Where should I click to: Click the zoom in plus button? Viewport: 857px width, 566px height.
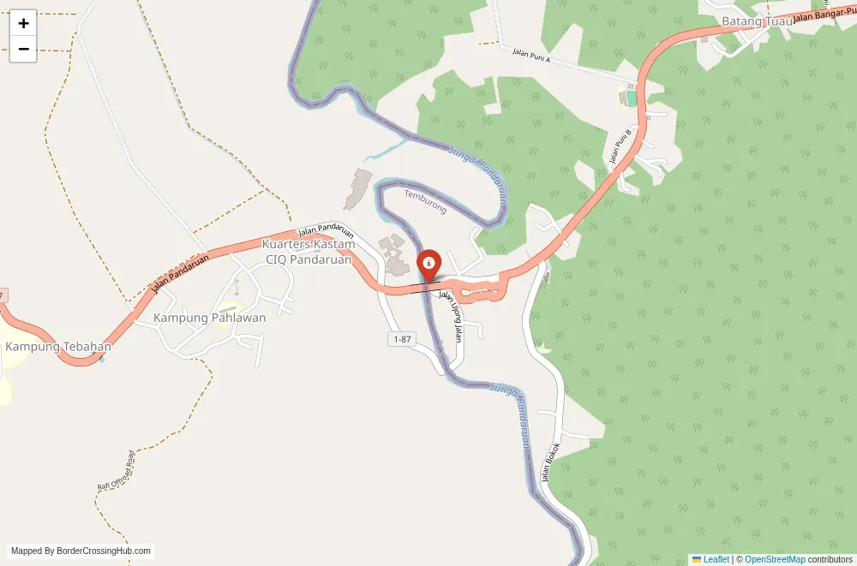(x=23, y=23)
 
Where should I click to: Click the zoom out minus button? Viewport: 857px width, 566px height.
(x=23, y=49)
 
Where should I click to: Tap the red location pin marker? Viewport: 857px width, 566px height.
(x=428, y=262)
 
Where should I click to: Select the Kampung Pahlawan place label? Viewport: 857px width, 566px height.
(x=209, y=318)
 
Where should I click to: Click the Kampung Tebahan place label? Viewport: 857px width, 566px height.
(x=58, y=347)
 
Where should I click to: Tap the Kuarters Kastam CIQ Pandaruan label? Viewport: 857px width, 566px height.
(x=308, y=252)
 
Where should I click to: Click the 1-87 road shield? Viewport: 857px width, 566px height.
(x=402, y=340)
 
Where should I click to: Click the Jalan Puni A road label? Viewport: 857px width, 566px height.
(x=530, y=56)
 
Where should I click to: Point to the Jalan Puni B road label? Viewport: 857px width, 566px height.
(x=619, y=146)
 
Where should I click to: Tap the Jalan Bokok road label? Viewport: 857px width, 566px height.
(x=550, y=462)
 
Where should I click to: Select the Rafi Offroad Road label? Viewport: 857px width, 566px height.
(x=117, y=470)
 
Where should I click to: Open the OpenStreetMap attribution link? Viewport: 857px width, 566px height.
(x=775, y=559)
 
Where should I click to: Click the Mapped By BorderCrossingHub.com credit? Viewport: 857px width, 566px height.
(x=81, y=551)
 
